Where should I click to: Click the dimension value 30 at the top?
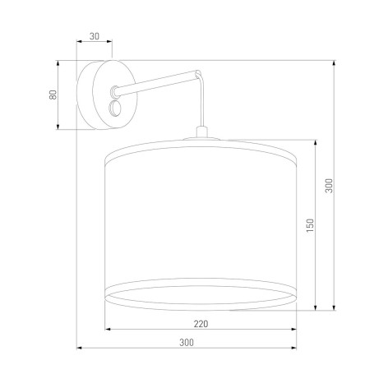click(x=95, y=37)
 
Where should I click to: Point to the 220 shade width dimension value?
click(x=201, y=323)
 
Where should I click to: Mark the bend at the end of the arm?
click(x=196, y=76)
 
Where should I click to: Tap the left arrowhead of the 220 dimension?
click(x=108, y=330)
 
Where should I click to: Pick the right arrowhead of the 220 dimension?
click(x=294, y=330)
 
